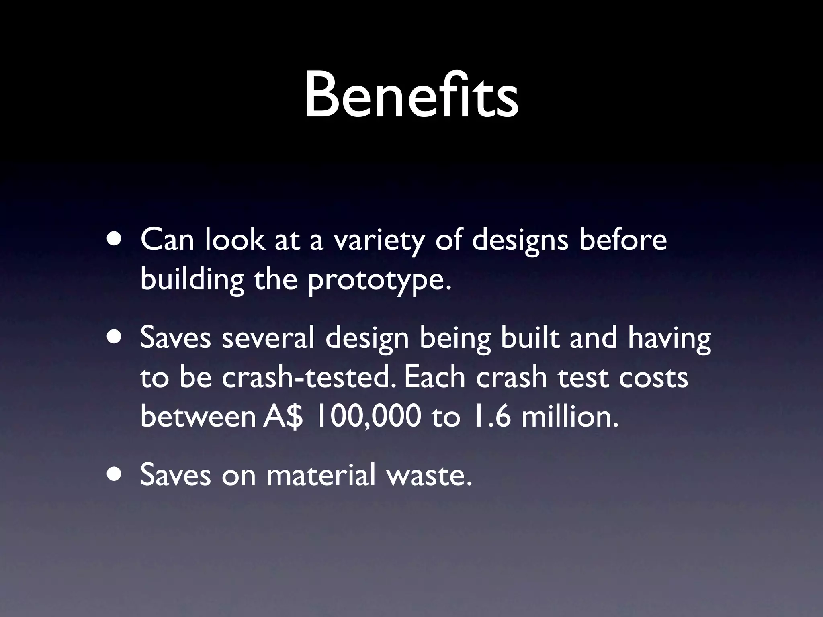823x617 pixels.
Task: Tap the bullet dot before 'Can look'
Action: (116, 240)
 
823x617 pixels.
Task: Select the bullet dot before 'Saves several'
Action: (116, 338)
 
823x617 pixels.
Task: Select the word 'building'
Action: (192, 280)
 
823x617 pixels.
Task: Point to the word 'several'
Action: (268, 338)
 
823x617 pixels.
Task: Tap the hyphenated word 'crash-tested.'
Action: (309, 378)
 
